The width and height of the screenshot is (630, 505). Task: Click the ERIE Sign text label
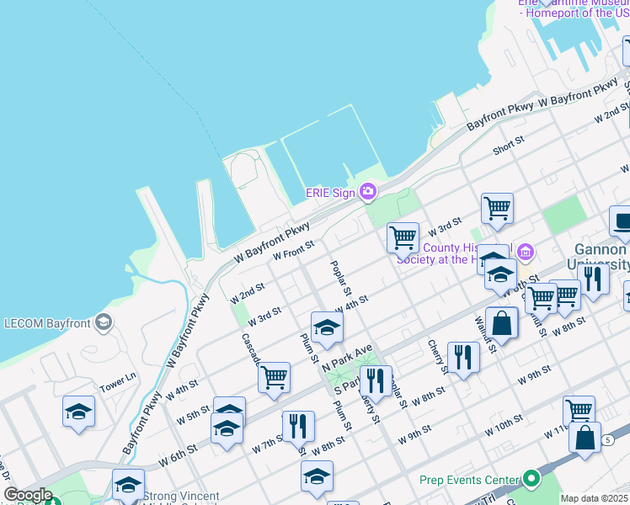point(330,193)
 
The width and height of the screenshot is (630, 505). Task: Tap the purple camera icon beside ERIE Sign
point(367,193)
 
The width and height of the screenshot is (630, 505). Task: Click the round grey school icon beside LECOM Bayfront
point(104,322)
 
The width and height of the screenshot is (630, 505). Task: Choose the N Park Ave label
point(345,358)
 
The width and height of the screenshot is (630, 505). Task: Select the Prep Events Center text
point(468,480)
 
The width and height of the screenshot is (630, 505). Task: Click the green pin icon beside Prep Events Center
point(531,479)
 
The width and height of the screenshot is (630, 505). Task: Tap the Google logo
point(28,495)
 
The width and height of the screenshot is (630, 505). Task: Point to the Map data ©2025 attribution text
point(595,498)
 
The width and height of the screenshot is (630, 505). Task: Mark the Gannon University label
point(601,257)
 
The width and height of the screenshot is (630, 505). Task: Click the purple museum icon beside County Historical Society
point(526,251)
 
